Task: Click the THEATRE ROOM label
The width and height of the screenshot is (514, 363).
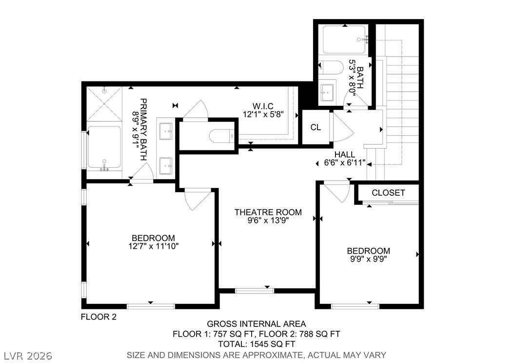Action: (268, 212)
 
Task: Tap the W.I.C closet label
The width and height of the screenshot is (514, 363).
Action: (263, 106)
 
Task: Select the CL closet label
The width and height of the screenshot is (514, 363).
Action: (316, 127)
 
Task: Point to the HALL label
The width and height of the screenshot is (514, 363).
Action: (344, 154)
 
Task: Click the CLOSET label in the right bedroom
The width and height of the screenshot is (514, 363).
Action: (388, 193)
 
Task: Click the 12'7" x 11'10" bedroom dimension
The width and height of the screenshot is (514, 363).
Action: (154, 246)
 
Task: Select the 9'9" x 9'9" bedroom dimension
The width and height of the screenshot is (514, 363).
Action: (369, 259)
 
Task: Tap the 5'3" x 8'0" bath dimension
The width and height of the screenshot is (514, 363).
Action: (353, 78)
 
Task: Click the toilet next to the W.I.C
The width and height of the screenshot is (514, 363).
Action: (222, 136)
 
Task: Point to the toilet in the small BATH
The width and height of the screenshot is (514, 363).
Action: (331, 67)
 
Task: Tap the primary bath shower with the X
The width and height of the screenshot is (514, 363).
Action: (104, 103)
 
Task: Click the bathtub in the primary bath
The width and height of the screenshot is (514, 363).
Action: (104, 147)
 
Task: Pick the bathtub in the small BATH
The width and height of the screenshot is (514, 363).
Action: (344, 40)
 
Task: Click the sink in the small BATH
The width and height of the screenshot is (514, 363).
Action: (327, 93)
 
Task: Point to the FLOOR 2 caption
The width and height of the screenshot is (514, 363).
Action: (99, 317)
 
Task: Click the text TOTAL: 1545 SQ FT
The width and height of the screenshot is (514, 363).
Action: (257, 344)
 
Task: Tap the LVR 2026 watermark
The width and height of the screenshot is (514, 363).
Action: (28, 356)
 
